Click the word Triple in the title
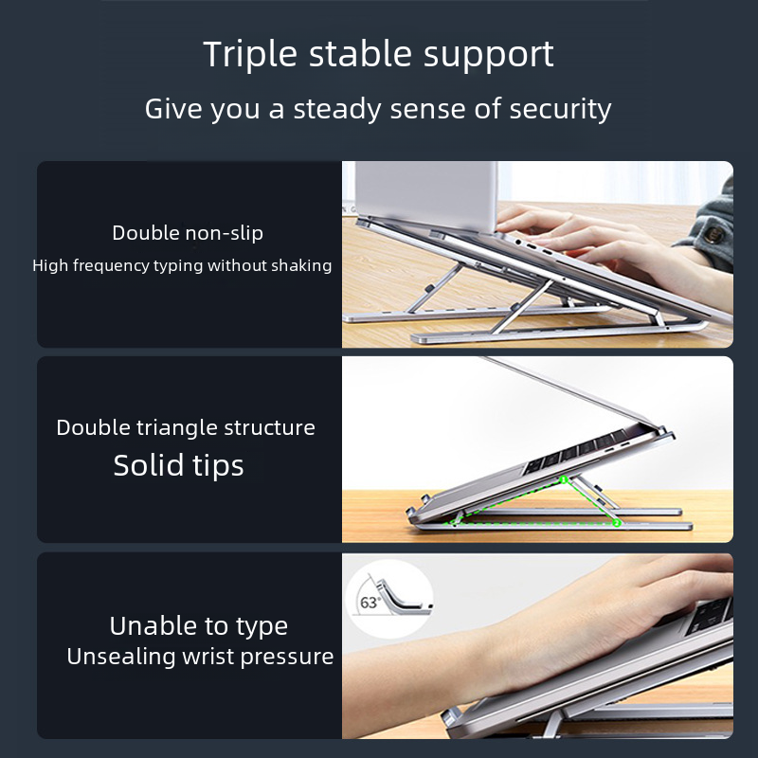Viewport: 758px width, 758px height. [x=250, y=55]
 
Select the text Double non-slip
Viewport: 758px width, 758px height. [x=188, y=233]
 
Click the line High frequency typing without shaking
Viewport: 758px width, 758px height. [x=182, y=265]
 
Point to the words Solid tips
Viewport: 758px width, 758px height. [x=178, y=465]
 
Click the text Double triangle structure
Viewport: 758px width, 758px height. [x=186, y=428]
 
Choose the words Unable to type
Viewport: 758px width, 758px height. [x=199, y=626]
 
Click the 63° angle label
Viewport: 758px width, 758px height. [x=370, y=603]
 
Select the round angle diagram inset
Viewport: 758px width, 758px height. [x=389, y=599]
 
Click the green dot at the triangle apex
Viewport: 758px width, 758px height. [x=564, y=479]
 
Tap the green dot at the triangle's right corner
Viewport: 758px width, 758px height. [x=616, y=523]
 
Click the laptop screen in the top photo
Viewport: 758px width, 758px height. [x=425, y=195]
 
